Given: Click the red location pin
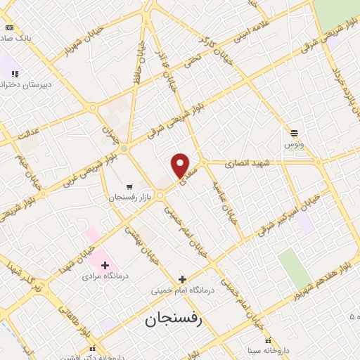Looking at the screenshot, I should point(181,165).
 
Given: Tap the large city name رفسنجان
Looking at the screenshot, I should point(173,319).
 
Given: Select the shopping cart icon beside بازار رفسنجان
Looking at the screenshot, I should point(130,187).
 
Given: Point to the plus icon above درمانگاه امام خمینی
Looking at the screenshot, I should point(182,279).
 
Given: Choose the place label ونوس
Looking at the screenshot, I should point(293,144).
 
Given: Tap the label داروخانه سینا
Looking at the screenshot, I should point(267,349).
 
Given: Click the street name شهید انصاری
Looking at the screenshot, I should point(248,163).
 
